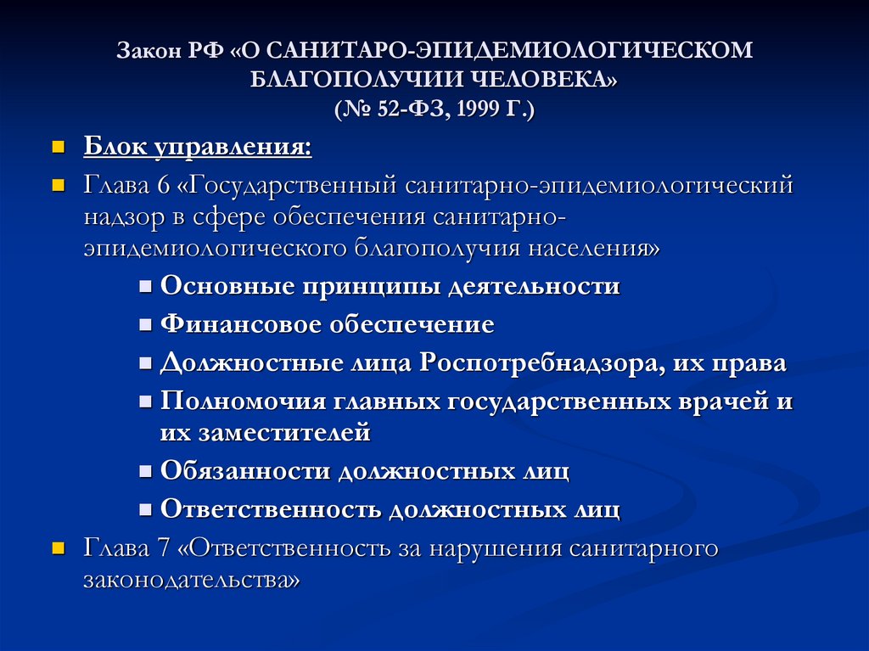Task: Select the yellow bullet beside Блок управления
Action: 58,148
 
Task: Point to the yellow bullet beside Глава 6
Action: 58,185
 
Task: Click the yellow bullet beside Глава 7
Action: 58,548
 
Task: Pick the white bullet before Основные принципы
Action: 146,287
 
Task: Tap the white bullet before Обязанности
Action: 146,471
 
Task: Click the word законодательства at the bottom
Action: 192,581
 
